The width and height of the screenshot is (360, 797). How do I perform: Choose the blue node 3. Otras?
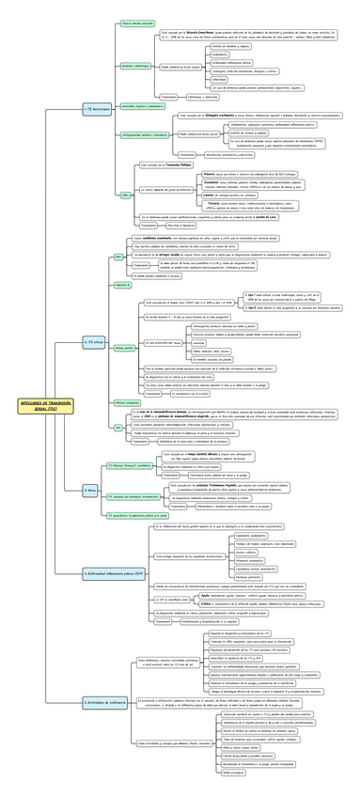pos(90,490)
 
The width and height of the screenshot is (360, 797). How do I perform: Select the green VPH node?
pos(118,256)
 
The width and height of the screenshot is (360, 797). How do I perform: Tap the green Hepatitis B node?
pos(122,283)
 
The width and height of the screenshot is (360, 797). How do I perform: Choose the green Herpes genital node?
pos(125,348)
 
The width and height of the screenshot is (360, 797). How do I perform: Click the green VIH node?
pos(118,428)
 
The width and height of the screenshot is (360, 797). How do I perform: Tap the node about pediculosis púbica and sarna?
pos(137,515)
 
